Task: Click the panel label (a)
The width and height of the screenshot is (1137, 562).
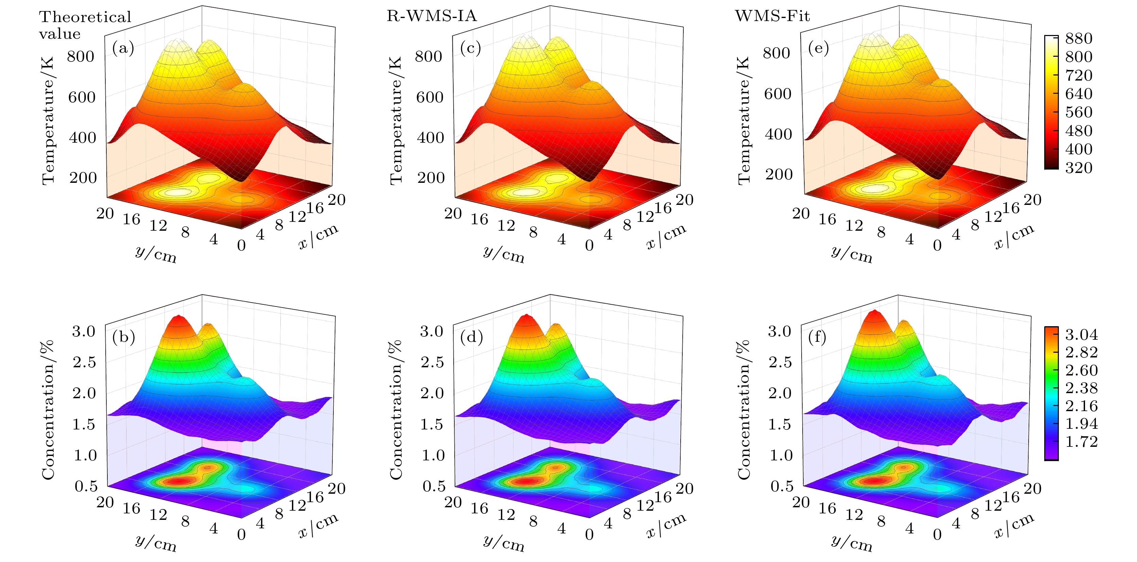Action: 123,48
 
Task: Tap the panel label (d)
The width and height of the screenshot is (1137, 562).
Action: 471,337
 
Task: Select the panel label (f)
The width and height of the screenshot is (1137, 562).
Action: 817,337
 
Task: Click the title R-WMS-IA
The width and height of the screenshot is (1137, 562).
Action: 432,16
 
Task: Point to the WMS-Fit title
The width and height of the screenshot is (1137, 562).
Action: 772,16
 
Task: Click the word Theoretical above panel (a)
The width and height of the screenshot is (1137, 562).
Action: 85,17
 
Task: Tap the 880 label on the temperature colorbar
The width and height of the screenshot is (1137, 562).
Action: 1079,38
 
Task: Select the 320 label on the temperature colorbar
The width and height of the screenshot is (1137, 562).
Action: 1079,168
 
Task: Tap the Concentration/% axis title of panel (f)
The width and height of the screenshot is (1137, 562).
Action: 744,410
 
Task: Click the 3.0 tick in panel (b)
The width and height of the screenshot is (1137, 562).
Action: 84,331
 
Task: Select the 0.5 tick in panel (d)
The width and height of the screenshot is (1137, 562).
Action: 434,486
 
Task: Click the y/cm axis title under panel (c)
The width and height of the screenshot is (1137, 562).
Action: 504,254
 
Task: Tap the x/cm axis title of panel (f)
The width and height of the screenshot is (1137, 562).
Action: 1014,525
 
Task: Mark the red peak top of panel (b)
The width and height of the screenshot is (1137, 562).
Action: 179,317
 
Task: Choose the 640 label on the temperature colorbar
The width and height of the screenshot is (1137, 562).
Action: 1079,93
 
